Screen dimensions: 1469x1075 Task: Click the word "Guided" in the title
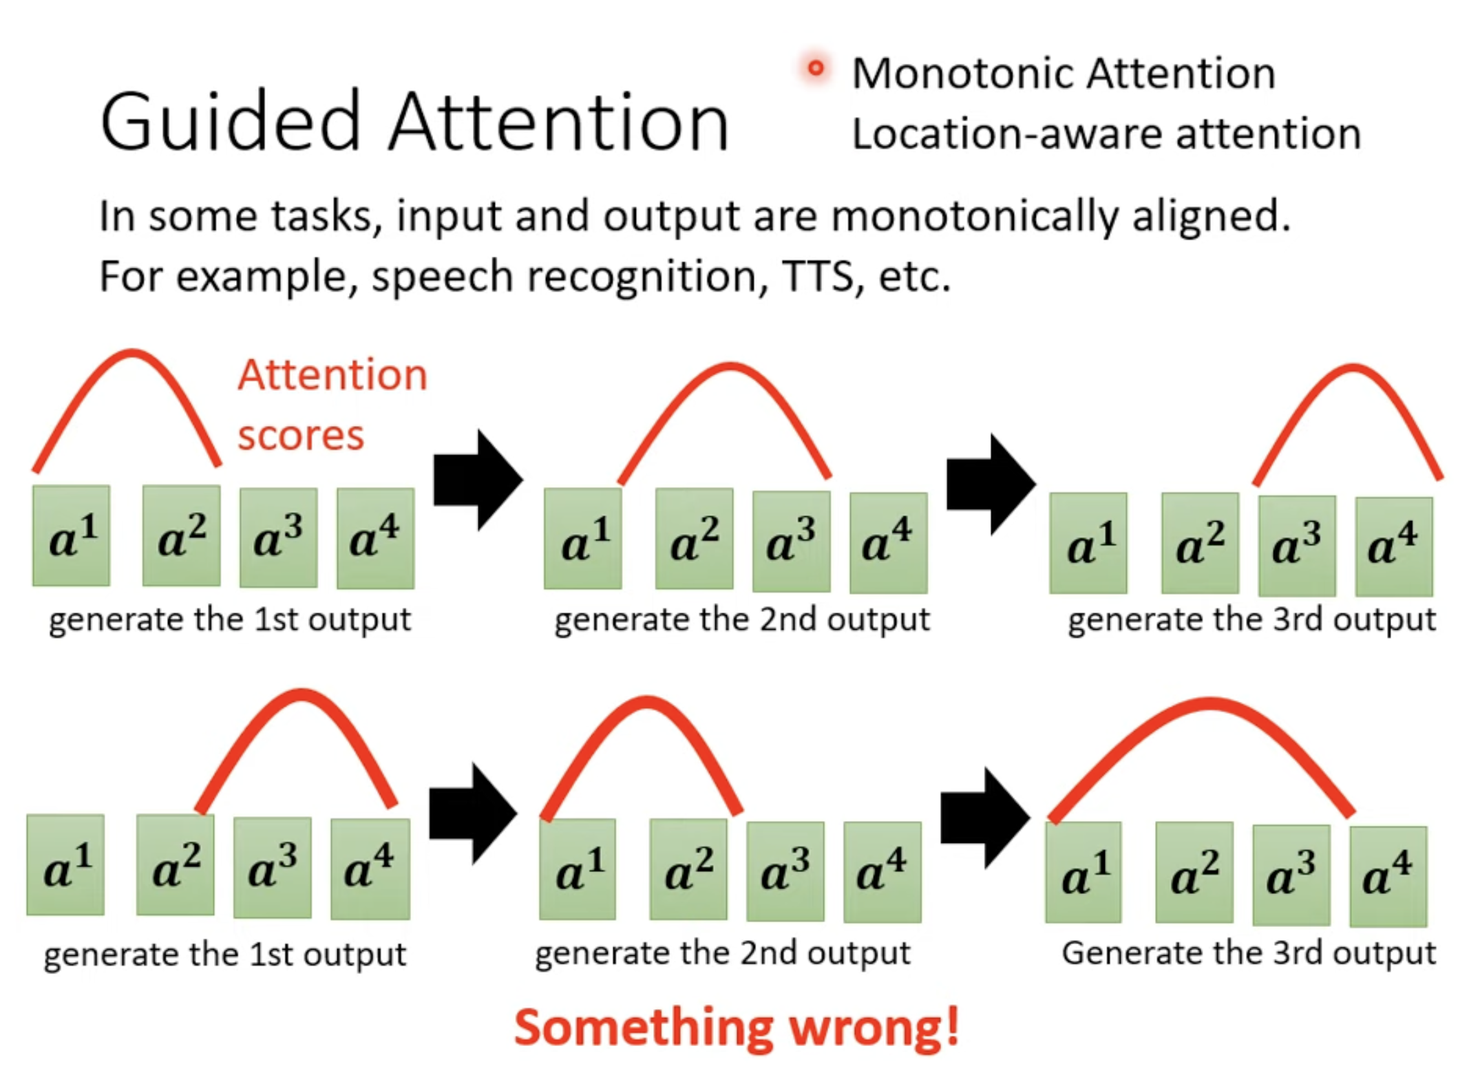(231, 122)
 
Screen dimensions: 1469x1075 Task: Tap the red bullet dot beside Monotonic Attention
(816, 68)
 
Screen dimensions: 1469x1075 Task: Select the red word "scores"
(300, 436)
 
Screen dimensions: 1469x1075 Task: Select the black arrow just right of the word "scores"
(478, 480)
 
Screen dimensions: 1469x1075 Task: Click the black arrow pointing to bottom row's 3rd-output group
(985, 818)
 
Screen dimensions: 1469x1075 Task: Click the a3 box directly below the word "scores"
(279, 537)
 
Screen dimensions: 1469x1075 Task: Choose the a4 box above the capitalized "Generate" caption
(1388, 876)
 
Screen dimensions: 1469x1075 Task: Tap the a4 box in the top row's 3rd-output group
(1394, 546)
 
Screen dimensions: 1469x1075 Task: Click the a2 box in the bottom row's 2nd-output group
(688, 869)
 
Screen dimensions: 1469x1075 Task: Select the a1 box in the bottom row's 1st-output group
(65, 865)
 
